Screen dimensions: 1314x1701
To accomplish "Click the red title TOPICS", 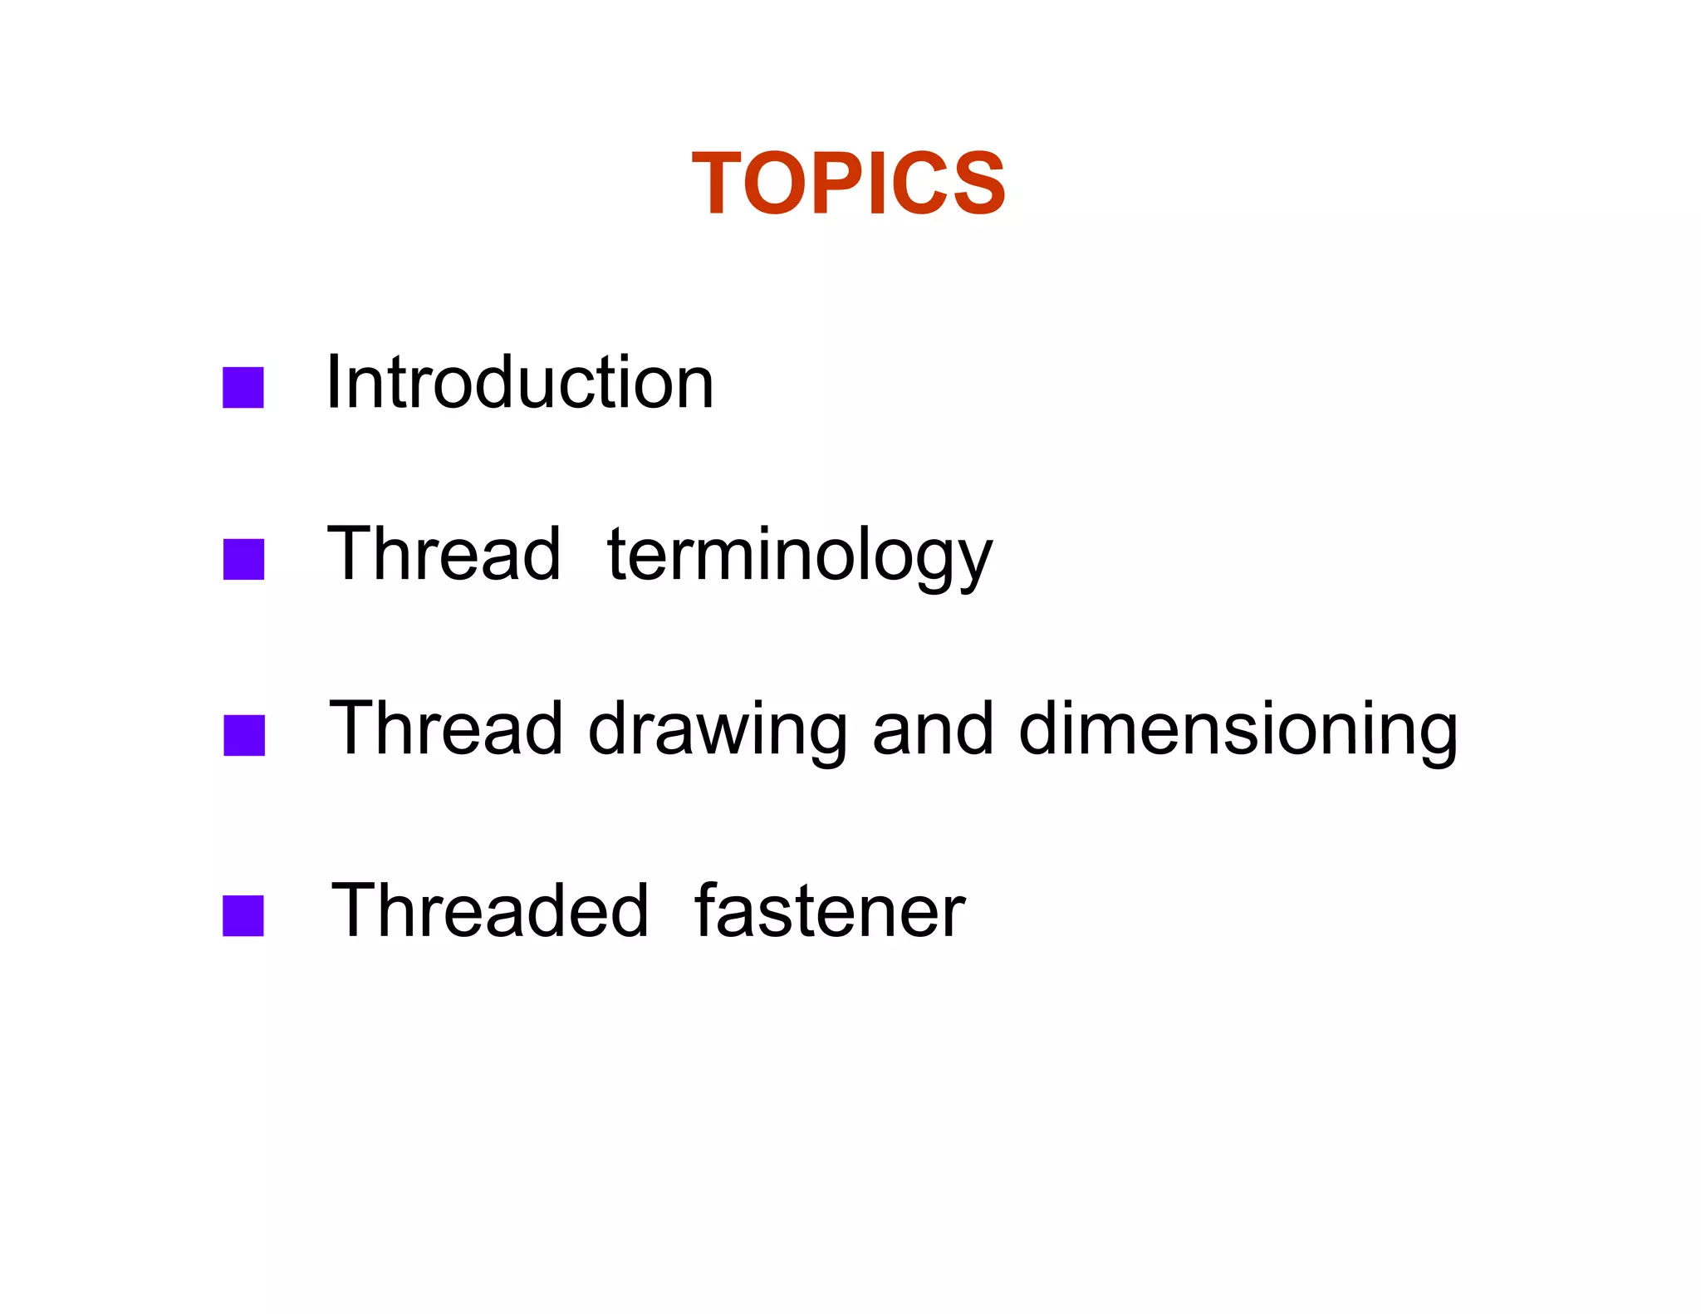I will pyautogui.click(x=848, y=184).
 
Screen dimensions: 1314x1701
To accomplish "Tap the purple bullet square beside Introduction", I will pyautogui.click(x=243, y=387).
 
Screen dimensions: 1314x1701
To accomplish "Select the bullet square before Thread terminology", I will pyautogui.click(x=243, y=559).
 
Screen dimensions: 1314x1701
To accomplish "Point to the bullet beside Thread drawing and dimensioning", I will pyautogui.click(x=244, y=735).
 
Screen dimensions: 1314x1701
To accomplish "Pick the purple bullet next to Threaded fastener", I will pyautogui.click(x=243, y=915).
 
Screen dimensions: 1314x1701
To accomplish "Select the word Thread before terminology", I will pyautogui.click(x=444, y=554).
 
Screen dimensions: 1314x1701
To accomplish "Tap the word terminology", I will pyautogui.click(x=800, y=556).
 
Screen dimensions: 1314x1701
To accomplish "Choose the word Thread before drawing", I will pyautogui.click(x=446, y=728).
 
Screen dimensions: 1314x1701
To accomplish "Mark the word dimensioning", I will pyautogui.click(x=1238, y=731).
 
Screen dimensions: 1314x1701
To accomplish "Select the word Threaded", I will pyautogui.click(x=489, y=911).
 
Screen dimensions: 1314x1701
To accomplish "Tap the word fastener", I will pyautogui.click(x=830, y=911).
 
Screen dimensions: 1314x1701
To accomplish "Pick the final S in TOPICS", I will pyautogui.click(x=975, y=184).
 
